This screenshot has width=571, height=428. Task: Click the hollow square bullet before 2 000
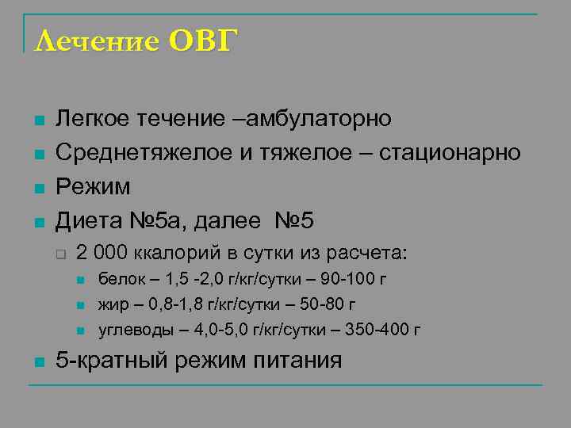coord(59,254)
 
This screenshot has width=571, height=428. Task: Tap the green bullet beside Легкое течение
coord(36,120)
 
